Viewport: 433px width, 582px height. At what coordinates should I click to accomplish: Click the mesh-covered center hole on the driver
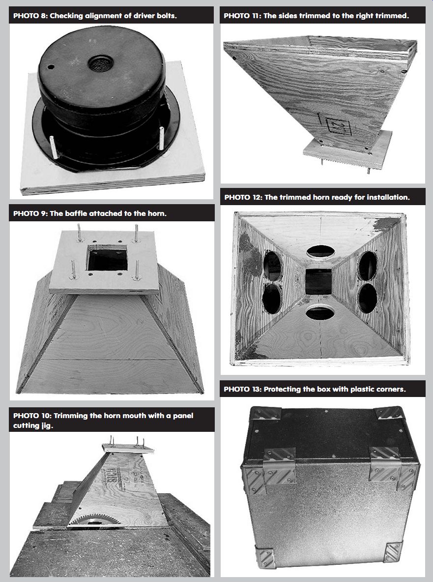[101, 64]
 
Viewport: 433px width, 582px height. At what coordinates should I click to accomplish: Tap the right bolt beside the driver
[161, 138]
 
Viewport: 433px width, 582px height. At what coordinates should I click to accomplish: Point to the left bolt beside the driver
[53, 147]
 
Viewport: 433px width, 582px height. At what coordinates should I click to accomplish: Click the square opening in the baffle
[108, 258]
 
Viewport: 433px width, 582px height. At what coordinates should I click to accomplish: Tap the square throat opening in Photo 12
[318, 281]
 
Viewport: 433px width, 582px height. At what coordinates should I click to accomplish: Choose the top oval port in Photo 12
[320, 252]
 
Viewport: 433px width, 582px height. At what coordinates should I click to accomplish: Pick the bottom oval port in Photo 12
[320, 313]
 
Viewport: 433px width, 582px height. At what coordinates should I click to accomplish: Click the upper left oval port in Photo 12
[272, 266]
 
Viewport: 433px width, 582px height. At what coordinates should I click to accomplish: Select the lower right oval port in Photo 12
[368, 298]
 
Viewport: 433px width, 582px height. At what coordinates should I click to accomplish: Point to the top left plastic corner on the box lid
[265, 413]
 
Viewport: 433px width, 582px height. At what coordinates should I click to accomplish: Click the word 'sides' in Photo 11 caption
[286, 16]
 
